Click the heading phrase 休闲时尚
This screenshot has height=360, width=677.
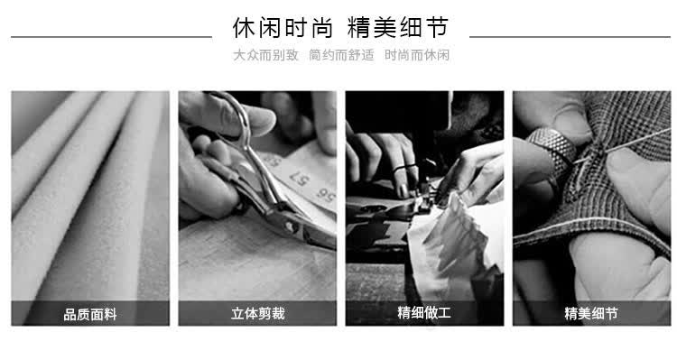click(283, 28)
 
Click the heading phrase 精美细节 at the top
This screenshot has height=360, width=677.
click(398, 28)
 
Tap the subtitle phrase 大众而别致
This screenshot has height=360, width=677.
click(265, 55)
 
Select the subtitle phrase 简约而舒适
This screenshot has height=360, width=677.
click(341, 55)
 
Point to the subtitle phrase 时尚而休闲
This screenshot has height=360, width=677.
click(417, 55)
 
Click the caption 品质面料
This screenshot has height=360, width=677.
click(90, 314)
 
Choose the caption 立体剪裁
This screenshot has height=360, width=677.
click(258, 313)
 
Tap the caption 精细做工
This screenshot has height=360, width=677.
click(424, 312)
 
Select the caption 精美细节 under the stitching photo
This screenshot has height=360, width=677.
click(591, 313)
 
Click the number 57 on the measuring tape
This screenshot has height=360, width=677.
click(299, 178)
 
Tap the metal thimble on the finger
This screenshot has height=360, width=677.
click(553, 148)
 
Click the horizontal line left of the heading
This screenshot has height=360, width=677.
click(111, 37)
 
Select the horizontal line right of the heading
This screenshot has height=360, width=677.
click(570, 37)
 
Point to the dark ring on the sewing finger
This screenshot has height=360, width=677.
click(405, 168)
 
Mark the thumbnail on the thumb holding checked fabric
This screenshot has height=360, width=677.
click(621, 158)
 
